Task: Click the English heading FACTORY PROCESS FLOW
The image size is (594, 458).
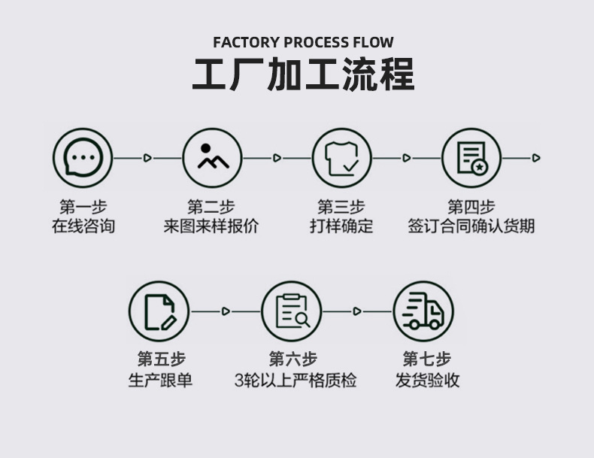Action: [x=303, y=42]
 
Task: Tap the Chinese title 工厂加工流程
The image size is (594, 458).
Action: [x=303, y=75]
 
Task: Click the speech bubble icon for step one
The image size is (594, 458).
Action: [x=83, y=158]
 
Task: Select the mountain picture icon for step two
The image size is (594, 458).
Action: [x=213, y=158]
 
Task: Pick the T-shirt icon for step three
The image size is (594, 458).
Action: [x=341, y=158]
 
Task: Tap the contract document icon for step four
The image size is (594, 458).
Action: [x=471, y=158]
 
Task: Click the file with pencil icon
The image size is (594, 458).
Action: [x=159, y=311]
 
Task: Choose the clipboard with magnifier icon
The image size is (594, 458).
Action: [x=291, y=311]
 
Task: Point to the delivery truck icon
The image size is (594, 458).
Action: [x=423, y=311]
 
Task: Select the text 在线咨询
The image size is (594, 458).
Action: [x=83, y=226]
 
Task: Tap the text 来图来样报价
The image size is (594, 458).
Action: [x=211, y=226]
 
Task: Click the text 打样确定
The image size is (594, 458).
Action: [x=341, y=226]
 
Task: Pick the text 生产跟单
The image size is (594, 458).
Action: [x=160, y=380]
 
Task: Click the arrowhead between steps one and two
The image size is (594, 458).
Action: [x=147, y=158]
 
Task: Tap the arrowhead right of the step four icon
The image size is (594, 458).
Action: [x=535, y=158]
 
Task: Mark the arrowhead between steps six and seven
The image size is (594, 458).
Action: [x=357, y=311]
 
